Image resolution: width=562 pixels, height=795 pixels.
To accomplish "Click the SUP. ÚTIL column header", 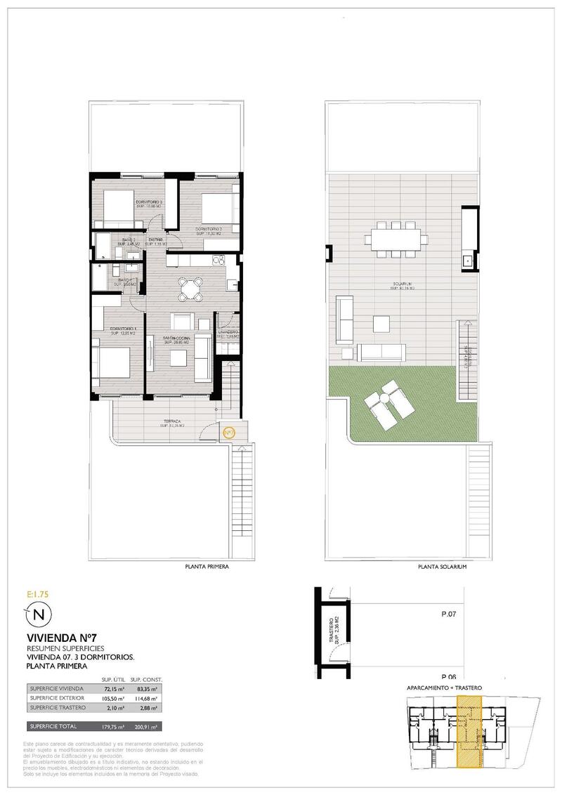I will pyautogui.click(x=113, y=678).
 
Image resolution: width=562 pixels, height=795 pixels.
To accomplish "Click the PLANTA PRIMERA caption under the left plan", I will pyautogui.click(x=207, y=565).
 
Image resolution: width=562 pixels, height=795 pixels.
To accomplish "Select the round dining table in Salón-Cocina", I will pyautogui.click(x=189, y=288).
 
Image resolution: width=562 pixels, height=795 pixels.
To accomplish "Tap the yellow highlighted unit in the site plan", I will pyautogui.click(x=466, y=730).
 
